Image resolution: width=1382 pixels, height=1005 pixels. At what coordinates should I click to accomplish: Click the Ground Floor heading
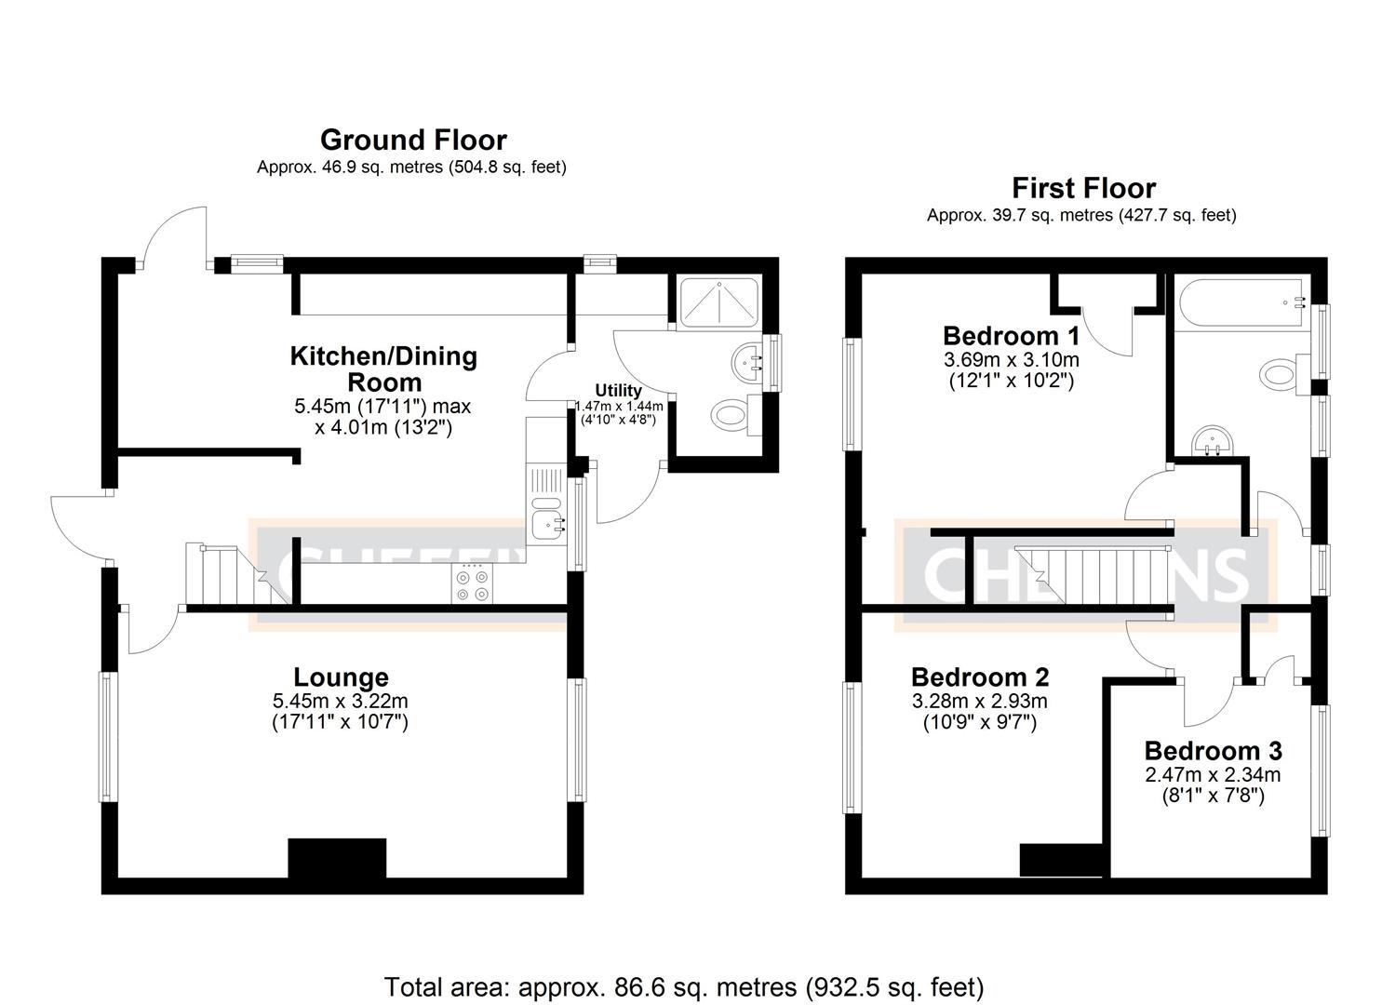point(413,140)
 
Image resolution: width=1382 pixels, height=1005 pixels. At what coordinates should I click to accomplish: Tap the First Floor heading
point(1083,188)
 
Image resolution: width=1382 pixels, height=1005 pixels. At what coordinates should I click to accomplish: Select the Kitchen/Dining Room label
point(383,368)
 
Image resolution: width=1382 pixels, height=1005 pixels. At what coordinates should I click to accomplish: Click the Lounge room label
point(341,677)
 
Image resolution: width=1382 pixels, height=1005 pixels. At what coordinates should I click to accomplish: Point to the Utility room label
point(618,390)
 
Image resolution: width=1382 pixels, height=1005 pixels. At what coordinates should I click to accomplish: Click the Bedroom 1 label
point(1011,335)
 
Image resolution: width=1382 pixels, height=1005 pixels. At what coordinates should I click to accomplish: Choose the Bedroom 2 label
point(979,677)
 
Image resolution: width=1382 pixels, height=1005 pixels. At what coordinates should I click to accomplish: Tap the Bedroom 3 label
point(1213,750)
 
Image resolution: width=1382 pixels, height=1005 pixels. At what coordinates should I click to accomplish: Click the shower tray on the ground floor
point(719,300)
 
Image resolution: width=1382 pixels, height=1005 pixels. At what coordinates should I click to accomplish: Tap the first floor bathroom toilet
point(1280,374)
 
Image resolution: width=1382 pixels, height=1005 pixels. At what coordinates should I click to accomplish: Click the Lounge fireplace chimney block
point(337,858)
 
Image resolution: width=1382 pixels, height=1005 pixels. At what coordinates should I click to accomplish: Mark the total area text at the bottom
point(684,986)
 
